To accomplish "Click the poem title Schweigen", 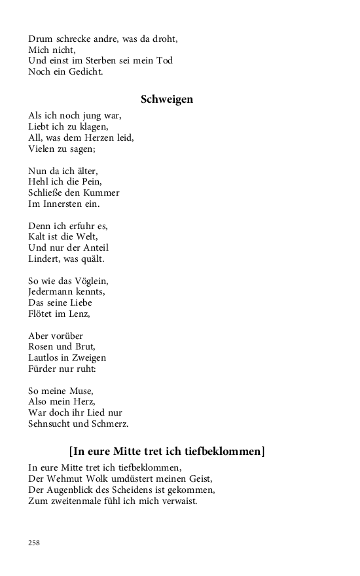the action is (166, 99).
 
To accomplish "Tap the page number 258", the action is (34, 543).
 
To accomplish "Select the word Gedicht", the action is (84, 72).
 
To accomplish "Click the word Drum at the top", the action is (41, 39).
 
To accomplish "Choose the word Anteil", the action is (94, 248).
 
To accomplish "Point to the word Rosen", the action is (42, 347).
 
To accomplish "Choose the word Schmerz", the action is (114, 424).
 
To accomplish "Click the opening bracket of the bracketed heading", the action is (71, 452).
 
